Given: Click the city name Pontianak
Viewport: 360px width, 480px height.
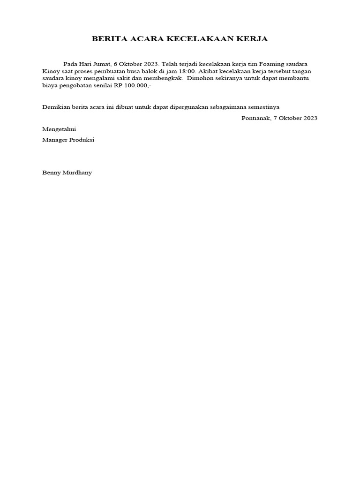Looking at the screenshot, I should pos(255,118).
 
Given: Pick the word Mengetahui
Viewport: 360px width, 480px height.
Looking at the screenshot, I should pos(59,129).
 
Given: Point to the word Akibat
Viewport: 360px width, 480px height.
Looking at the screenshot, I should pos(210,71).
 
